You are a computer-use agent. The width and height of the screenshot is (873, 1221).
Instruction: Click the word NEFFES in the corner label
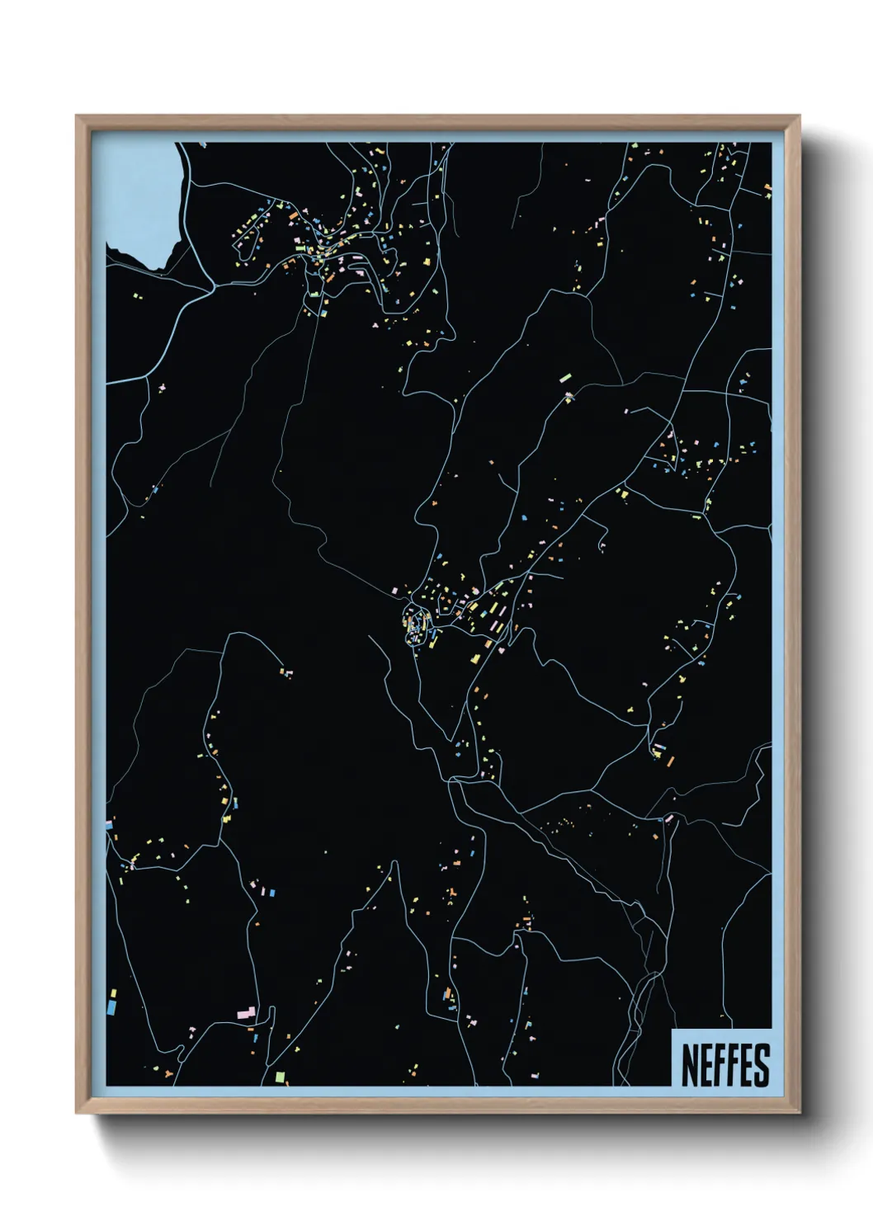pos(725,1065)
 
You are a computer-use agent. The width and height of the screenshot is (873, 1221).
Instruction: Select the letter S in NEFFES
pos(762,1065)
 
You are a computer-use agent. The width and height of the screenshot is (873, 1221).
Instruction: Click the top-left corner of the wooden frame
pos(77,116)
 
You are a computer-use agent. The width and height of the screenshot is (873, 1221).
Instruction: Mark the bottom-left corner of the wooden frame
pos(77,1113)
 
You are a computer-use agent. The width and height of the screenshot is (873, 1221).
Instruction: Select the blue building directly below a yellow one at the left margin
pos(111,1007)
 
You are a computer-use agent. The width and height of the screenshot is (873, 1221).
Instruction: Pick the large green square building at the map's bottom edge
pos(279,1077)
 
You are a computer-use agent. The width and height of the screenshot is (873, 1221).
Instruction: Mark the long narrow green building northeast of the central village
pos(565,378)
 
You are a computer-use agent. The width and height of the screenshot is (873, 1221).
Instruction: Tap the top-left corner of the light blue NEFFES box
pos(672,1030)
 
